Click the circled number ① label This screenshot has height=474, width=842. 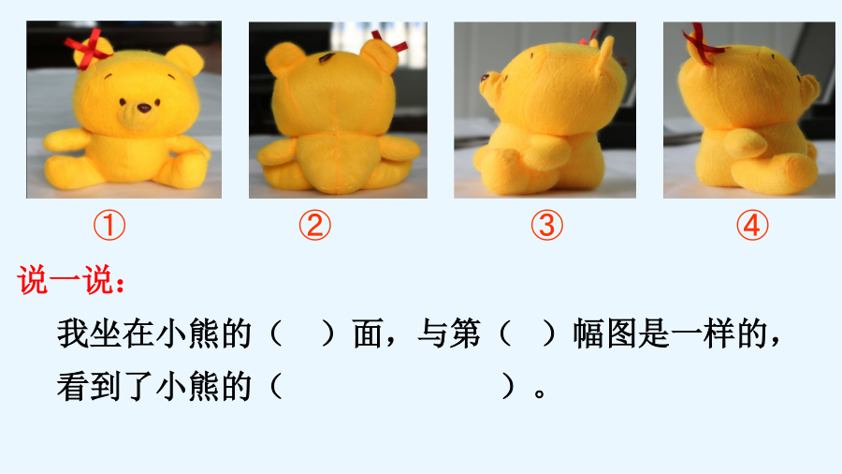[x=109, y=225]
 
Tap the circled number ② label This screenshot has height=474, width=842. [x=315, y=225]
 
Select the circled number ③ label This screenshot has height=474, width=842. [x=547, y=225]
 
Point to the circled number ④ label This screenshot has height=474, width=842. [x=752, y=225]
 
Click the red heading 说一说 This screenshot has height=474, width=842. [x=71, y=279]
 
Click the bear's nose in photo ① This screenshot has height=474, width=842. [x=144, y=108]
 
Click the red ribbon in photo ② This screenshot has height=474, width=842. [x=391, y=42]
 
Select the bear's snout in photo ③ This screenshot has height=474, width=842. [x=490, y=85]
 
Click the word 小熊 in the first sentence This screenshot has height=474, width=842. [x=187, y=333]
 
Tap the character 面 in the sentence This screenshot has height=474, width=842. [x=368, y=333]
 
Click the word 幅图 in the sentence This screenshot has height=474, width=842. [x=605, y=333]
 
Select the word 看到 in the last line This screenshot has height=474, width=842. [x=89, y=386]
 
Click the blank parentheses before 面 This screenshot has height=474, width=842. [x=302, y=333]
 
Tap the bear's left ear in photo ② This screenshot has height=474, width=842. [x=284, y=58]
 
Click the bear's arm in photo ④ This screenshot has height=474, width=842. [x=745, y=143]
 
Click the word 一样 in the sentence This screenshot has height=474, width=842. [x=704, y=333]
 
